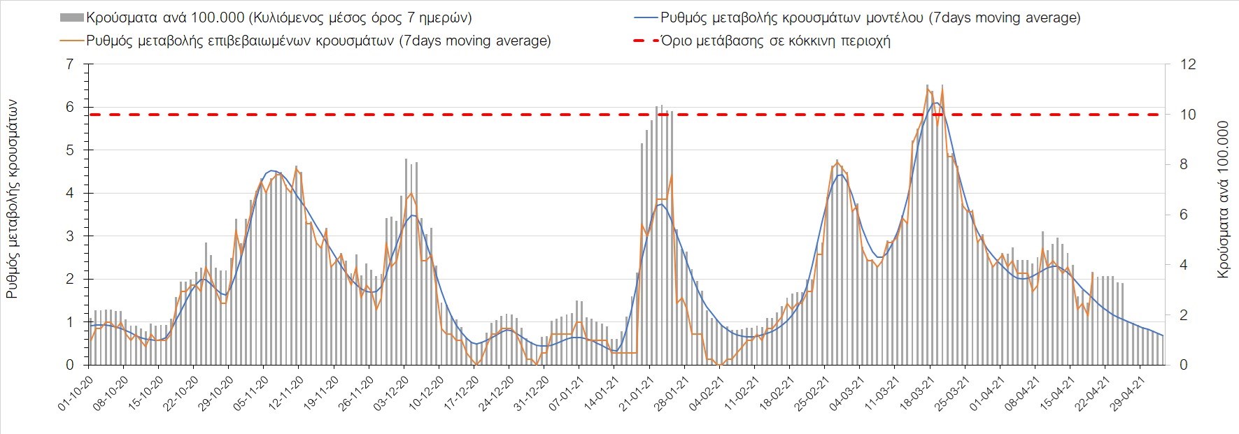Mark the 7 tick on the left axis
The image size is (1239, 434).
pyautogui.click(x=69, y=64)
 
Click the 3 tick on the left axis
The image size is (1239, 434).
pyautogui.click(x=69, y=236)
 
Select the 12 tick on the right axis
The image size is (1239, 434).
pyautogui.click(x=1188, y=64)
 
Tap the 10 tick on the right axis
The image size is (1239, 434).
pyautogui.click(x=1188, y=115)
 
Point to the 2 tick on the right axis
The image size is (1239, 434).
pyautogui.click(x=1184, y=315)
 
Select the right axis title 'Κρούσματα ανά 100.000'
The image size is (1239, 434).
pyautogui.click(x=1223, y=200)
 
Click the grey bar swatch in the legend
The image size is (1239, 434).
pyautogui.click(x=72, y=17)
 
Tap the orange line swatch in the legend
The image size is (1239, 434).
pyautogui.click(x=72, y=41)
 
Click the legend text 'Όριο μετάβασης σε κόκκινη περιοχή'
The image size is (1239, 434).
pyautogui.click(x=775, y=41)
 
